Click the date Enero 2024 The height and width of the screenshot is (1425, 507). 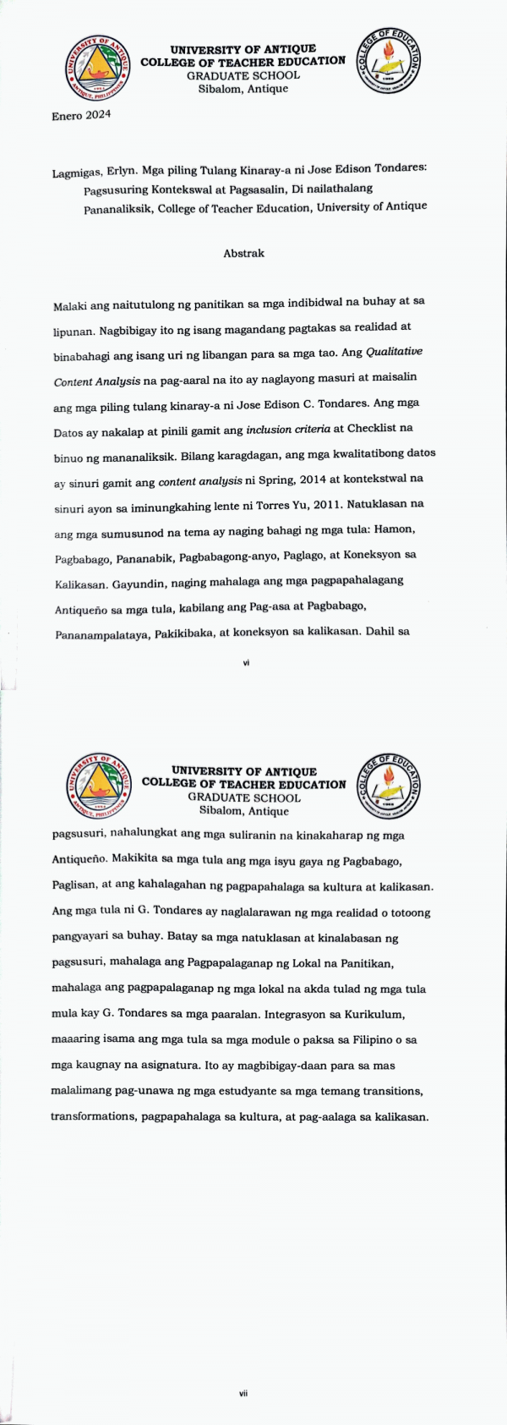(x=81, y=116)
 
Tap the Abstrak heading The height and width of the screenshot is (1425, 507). (x=243, y=254)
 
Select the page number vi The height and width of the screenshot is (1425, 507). (x=246, y=663)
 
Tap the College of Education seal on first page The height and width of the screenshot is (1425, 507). (x=390, y=60)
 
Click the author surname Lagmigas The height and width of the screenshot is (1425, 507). (x=79, y=173)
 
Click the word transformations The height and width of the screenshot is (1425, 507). (x=94, y=1116)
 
